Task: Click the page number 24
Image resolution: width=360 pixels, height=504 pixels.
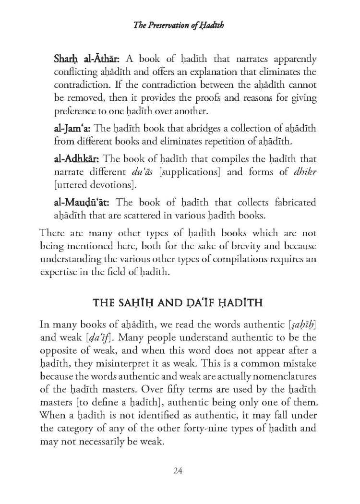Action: pyautogui.click(x=179, y=471)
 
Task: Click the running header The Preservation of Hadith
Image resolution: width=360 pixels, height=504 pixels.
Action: pyautogui.click(x=180, y=26)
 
